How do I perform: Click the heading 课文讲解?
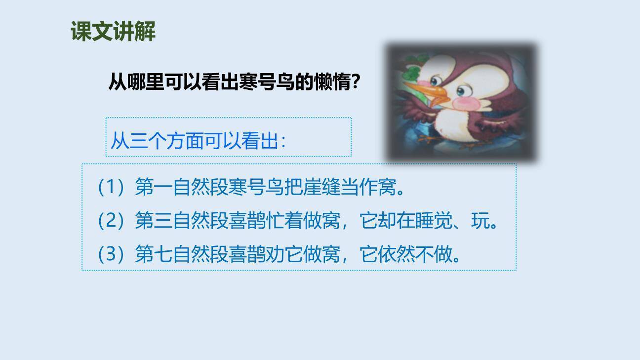[113, 32]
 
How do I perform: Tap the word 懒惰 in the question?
[331, 82]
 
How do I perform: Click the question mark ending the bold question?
[355, 82]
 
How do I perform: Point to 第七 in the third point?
[154, 254]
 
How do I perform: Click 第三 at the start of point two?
[154, 221]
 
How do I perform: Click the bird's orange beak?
[425, 93]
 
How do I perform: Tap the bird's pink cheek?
[465, 104]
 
